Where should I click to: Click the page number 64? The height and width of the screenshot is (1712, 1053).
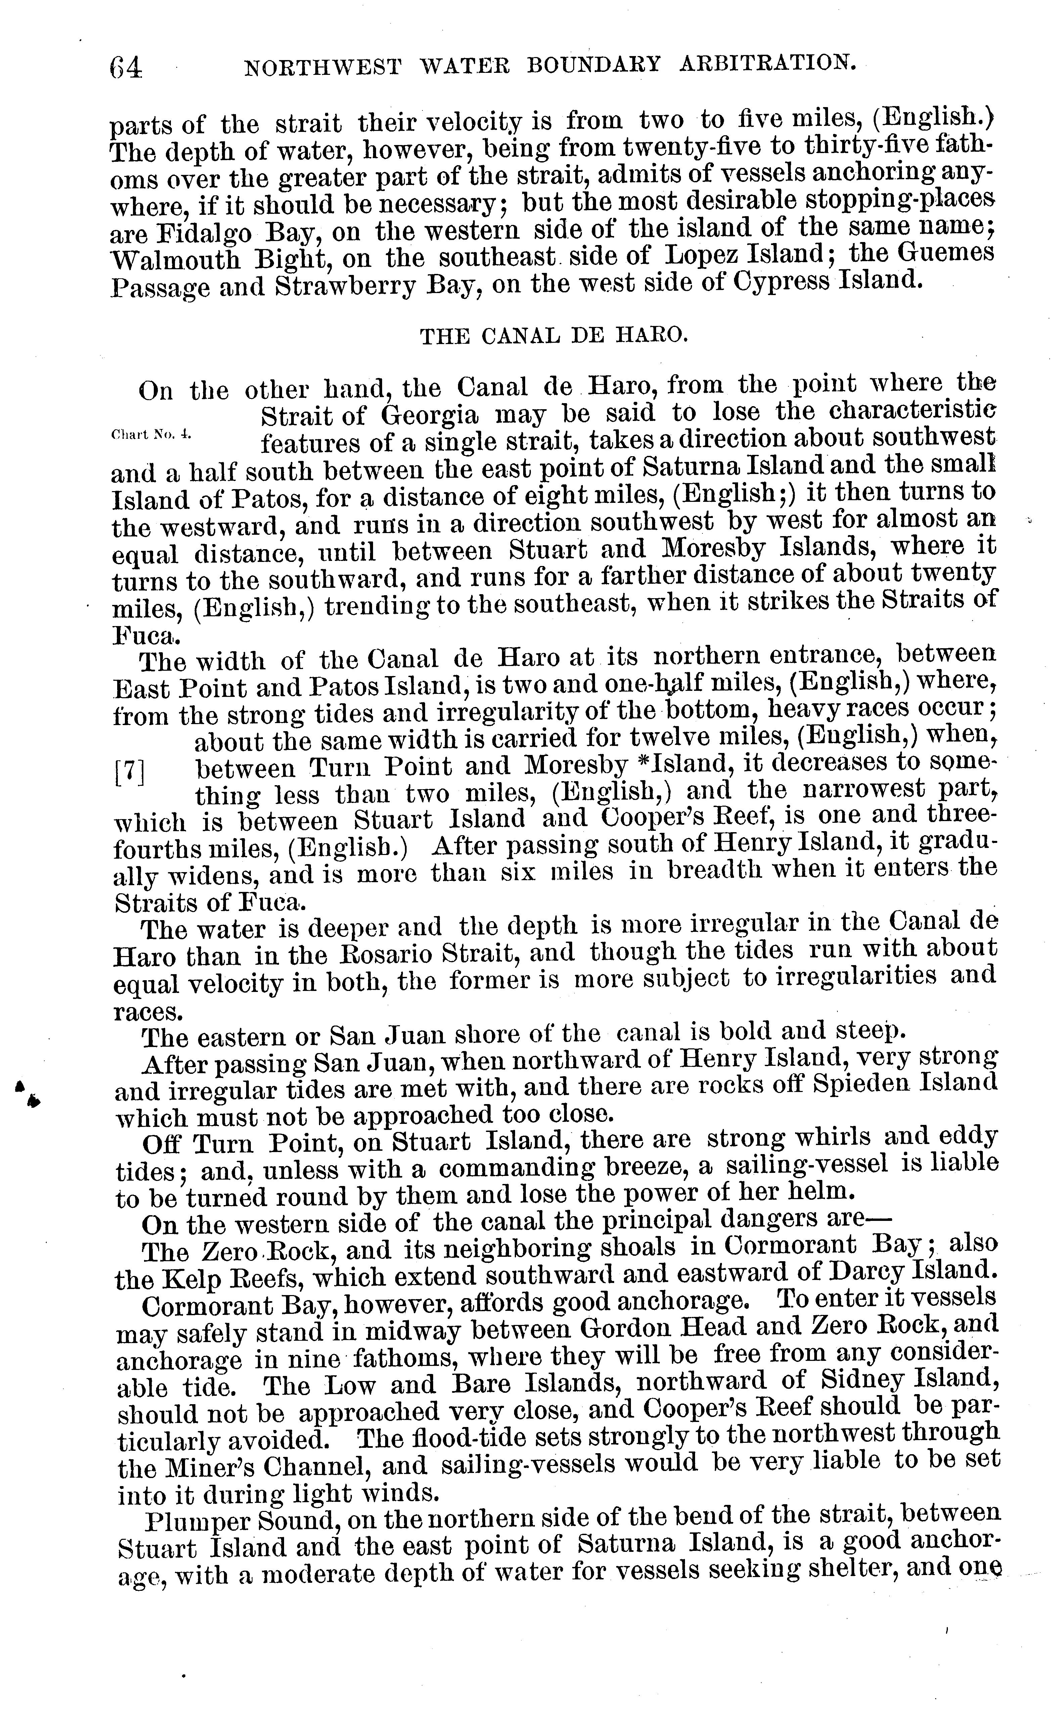pos(126,67)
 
